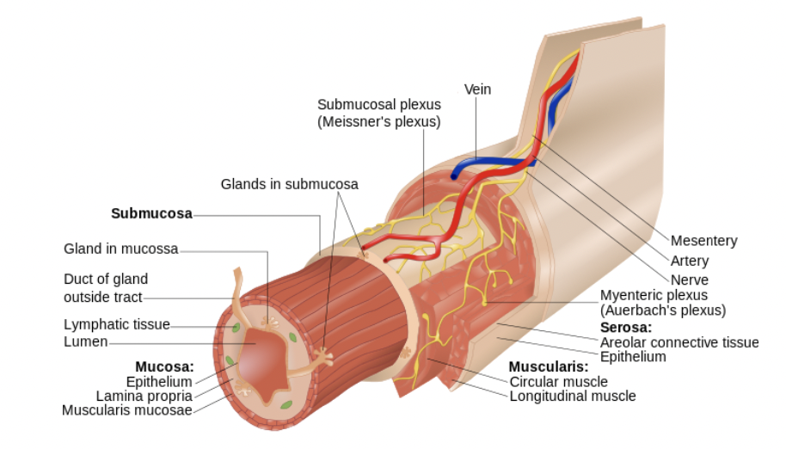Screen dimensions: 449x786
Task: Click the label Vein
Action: pyautogui.click(x=477, y=89)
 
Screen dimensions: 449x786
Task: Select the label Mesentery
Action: pyautogui.click(x=703, y=241)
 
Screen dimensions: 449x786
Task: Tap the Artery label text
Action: pyautogui.click(x=690, y=261)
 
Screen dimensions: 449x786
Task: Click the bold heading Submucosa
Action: pyautogui.click(x=151, y=213)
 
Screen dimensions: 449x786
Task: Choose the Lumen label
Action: pyautogui.click(x=86, y=341)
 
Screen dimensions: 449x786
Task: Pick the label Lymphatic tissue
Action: pyautogui.click(x=116, y=324)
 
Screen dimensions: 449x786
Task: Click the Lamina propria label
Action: pyautogui.click(x=144, y=396)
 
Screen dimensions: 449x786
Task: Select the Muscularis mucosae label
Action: pyautogui.click(x=126, y=410)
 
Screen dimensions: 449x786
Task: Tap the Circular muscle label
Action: pyautogui.click(x=558, y=381)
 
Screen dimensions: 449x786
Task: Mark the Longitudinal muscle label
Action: pyautogui.click(x=573, y=397)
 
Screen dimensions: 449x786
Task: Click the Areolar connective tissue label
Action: pyautogui.click(x=679, y=342)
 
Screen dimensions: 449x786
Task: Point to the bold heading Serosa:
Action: pyautogui.click(x=625, y=328)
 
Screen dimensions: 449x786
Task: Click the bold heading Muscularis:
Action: pyautogui.click(x=548, y=366)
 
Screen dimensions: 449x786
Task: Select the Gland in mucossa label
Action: pyautogui.click(x=120, y=249)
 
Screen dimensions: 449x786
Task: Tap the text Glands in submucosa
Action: pyautogui.click(x=289, y=184)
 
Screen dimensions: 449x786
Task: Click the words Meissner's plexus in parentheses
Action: pyautogui.click(x=378, y=122)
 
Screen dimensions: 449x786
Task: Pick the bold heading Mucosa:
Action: pyautogui.click(x=164, y=366)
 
